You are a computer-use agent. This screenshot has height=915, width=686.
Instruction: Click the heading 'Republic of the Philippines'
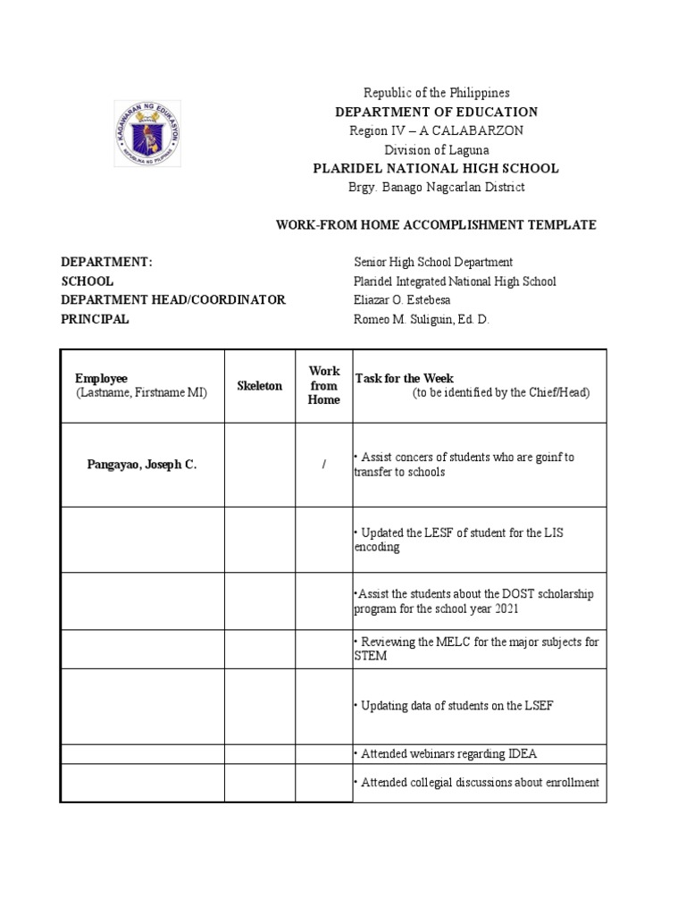436,93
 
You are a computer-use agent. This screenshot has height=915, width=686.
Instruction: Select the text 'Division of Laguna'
436,149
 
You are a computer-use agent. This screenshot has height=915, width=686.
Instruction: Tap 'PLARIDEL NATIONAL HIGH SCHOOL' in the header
436,168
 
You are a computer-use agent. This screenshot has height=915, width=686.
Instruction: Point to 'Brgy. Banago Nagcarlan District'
436,187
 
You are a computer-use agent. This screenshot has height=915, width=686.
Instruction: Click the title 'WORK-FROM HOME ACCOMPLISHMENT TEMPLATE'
436,224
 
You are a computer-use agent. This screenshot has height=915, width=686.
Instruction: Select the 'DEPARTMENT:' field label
106,262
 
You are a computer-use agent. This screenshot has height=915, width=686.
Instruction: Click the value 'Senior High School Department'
433,262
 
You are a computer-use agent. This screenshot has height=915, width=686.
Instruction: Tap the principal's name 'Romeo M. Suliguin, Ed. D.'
422,319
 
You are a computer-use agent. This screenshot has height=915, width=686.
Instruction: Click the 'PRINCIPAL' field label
95,319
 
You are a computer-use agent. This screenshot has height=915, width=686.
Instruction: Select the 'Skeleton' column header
259,386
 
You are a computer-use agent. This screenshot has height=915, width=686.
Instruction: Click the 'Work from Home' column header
324,385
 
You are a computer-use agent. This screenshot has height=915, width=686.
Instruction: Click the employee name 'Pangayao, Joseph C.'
141,466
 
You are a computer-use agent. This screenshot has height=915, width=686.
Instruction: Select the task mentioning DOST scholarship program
473,601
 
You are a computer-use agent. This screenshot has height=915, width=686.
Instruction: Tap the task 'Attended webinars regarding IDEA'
446,754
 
